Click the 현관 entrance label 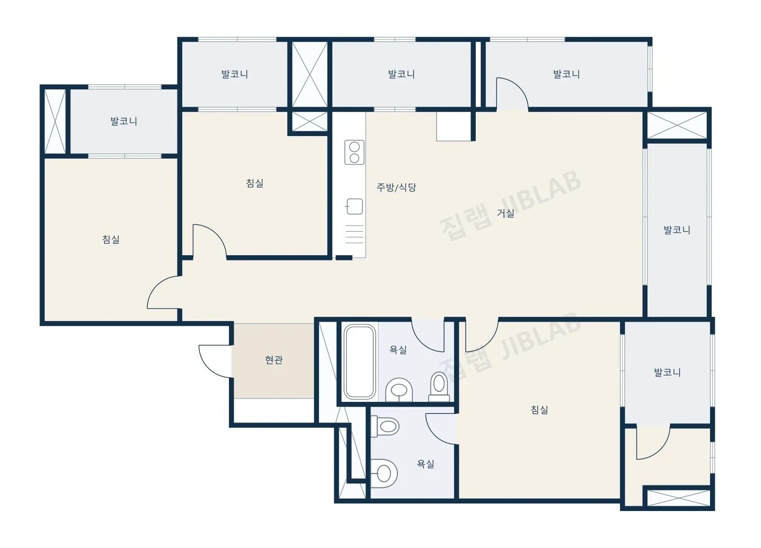[x=274, y=360]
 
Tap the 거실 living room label [x=505, y=213]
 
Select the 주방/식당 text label [x=396, y=187]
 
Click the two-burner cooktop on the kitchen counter [x=355, y=152]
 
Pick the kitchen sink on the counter [x=355, y=206]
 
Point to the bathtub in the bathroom [x=359, y=361]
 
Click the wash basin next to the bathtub [x=399, y=390]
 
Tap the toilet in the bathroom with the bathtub [x=439, y=387]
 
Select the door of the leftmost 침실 [x=164, y=292]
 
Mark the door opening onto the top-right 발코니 [x=512, y=94]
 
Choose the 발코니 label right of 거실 [x=677, y=230]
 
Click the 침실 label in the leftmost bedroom [x=111, y=239]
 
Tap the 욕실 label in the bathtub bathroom [x=398, y=349]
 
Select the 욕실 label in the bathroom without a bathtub [x=425, y=464]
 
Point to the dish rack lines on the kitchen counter [x=355, y=234]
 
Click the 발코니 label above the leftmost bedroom [x=124, y=121]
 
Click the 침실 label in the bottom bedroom [x=539, y=410]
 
